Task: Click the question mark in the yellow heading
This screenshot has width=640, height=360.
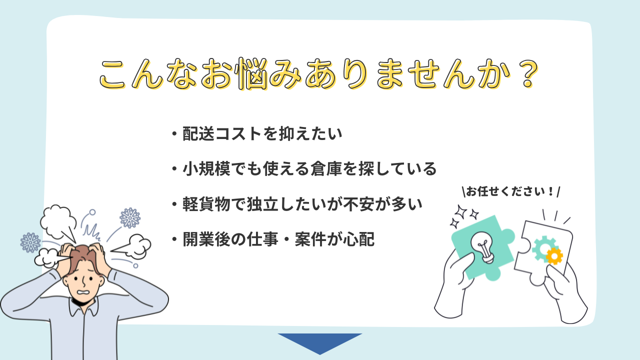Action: pyautogui.click(x=528, y=75)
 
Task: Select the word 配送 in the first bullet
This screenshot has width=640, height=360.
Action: pyautogui.click(x=198, y=133)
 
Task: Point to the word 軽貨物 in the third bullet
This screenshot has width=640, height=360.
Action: pyautogui.click(x=206, y=204)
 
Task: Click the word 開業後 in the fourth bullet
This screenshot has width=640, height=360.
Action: pyautogui.click(x=206, y=239)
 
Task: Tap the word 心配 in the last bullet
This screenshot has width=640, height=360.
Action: pyautogui.click(x=358, y=239)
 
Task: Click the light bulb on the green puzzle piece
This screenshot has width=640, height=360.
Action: pyautogui.click(x=483, y=247)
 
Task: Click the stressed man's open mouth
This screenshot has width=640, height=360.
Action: pyautogui.click(x=84, y=293)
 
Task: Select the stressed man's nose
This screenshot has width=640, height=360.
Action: pyautogui.click(x=84, y=281)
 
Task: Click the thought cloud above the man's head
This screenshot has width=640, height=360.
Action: pyautogui.click(x=59, y=223)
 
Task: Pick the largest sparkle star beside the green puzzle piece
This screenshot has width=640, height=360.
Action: pyautogui.click(x=461, y=212)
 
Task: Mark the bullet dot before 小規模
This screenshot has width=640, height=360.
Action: pyautogui.click(x=174, y=169)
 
